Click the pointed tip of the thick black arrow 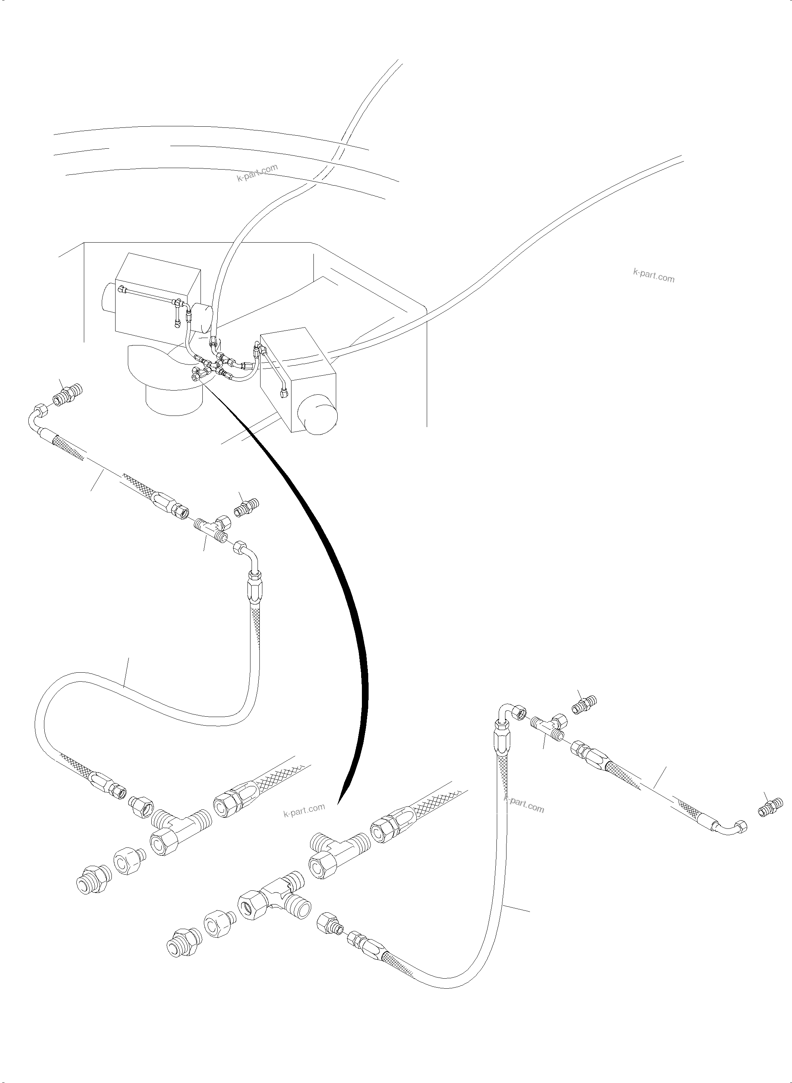point(338,803)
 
